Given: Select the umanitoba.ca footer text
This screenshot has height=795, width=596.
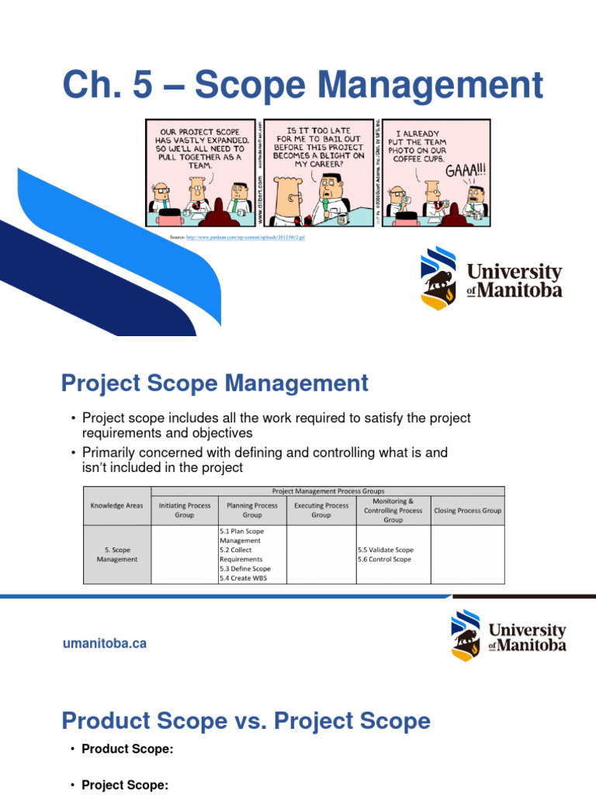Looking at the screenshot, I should (x=104, y=643).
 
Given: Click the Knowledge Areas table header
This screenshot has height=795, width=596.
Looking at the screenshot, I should (x=116, y=505).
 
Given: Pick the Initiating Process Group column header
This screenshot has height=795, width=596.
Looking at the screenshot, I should (x=185, y=510).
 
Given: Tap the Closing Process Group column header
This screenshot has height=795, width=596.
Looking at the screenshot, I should (x=467, y=510).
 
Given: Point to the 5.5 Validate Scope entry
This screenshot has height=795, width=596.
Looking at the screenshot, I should (x=386, y=550).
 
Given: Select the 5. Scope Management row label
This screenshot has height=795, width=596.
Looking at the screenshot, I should (x=116, y=554).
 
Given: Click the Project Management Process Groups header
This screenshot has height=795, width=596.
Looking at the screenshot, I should (x=327, y=491).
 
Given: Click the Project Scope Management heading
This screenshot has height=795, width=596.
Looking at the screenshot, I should (x=215, y=383).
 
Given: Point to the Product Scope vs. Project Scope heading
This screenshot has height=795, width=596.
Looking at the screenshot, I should (x=245, y=721).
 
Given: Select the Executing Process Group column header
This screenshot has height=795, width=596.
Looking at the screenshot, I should (x=321, y=510).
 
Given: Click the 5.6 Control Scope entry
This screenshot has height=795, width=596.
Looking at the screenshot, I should (x=384, y=559).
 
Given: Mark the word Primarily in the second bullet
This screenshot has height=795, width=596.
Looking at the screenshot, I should (x=108, y=452).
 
